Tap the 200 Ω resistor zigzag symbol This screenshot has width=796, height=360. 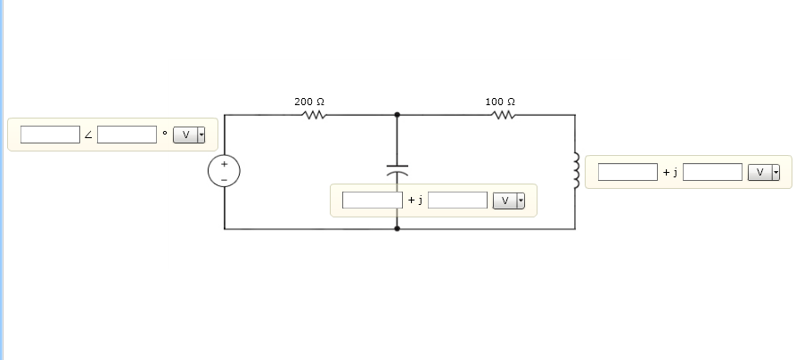[x=314, y=115]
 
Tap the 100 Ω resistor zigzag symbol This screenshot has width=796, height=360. [x=504, y=115]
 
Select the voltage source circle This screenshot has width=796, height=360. [x=225, y=172]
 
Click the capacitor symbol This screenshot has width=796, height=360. [x=397, y=169]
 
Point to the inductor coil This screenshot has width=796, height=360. [x=576, y=170]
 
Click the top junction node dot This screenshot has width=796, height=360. [x=397, y=115]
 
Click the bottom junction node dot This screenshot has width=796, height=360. [x=397, y=229]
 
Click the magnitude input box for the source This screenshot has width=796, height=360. [x=50, y=135]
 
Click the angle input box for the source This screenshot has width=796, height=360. [x=127, y=135]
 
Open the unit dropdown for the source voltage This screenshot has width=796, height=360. [x=189, y=135]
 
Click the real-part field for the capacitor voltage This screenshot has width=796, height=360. [x=372, y=200]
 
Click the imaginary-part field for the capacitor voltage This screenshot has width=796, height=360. [x=457, y=200]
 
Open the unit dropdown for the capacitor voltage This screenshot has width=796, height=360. [x=508, y=200]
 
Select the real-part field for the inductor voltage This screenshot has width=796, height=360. [x=628, y=172]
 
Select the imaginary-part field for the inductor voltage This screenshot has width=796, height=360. [x=712, y=172]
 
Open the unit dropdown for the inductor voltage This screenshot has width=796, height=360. [x=763, y=172]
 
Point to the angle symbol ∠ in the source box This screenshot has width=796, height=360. [x=88, y=135]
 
